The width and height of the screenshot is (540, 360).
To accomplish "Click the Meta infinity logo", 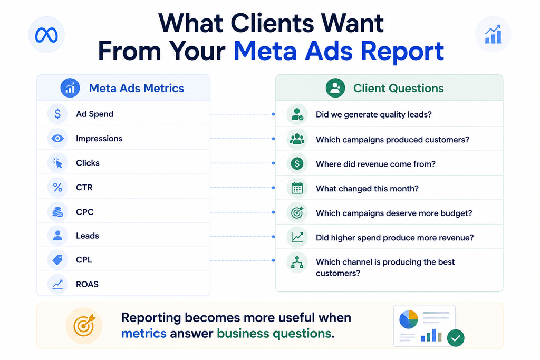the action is pyautogui.click(x=46, y=35).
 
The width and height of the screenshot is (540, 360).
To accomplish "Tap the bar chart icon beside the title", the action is pyautogui.click(x=493, y=34).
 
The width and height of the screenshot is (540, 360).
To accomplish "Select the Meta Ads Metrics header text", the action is pyautogui.click(x=137, y=88).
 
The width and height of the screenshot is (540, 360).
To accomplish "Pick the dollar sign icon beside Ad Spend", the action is pyautogui.click(x=57, y=113).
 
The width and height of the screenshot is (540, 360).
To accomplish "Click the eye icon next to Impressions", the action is pyautogui.click(x=57, y=138).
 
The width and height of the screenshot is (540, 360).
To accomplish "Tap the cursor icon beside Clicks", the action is pyautogui.click(x=57, y=163).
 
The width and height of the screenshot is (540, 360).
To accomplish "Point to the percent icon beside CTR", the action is pyautogui.click(x=57, y=187).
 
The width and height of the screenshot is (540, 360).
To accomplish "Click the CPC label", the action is pyautogui.click(x=85, y=212).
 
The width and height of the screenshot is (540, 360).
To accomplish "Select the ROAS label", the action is pyautogui.click(x=87, y=284).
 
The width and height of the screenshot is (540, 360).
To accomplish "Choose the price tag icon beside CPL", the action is pyautogui.click(x=57, y=259).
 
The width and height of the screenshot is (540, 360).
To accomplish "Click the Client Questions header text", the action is pyautogui.click(x=399, y=88).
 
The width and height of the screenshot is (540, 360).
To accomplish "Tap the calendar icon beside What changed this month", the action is pyautogui.click(x=297, y=188).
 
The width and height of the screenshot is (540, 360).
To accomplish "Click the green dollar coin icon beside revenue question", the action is pyautogui.click(x=297, y=163).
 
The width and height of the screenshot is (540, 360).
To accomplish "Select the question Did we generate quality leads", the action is pyautogui.click(x=374, y=114).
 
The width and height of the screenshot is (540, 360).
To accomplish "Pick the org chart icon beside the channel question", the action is pyautogui.click(x=297, y=262).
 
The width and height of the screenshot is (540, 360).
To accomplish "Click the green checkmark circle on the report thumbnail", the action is pyautogui.click(x=456, y=338).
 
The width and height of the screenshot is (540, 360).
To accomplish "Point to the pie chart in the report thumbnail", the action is pyautogui.click(x=409, y=319).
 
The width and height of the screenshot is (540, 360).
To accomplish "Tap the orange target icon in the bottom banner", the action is pyautogui.click(x=84, y=325).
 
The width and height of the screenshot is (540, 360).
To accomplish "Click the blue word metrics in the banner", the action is pyautogui.click(x=143, y=333).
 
